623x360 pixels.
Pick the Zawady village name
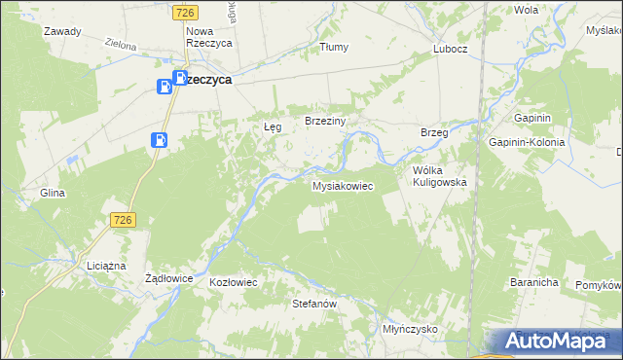click(61, 31)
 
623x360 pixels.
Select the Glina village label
click(52, 193)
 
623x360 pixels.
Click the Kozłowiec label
click(233, 282)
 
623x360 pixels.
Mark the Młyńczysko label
click(410, 330)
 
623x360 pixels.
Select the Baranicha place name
click(532, 282)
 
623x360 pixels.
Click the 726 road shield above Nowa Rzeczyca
click(186, 12)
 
